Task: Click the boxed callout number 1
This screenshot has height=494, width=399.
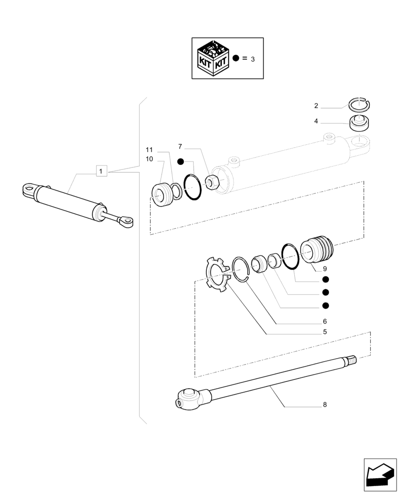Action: click(101, 171)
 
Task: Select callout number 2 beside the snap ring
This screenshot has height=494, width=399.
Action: click(316, 106)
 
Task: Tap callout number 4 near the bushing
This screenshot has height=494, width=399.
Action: click(316, 121)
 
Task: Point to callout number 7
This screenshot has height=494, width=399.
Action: click(180, 147)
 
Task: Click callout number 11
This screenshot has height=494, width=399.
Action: click(149, 150)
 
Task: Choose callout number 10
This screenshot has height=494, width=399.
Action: click(149, 159)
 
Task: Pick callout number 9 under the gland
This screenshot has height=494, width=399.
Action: click(325, 269)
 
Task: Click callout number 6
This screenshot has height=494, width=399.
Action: click(325, 321)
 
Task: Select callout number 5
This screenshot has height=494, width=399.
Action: click(325, 332)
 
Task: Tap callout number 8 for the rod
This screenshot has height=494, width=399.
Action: click(325, 405)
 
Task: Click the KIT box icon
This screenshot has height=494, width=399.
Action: click(212, 59)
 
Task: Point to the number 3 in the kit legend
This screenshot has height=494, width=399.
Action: click(252, 59)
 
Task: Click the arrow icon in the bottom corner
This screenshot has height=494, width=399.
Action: click(380, 475)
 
